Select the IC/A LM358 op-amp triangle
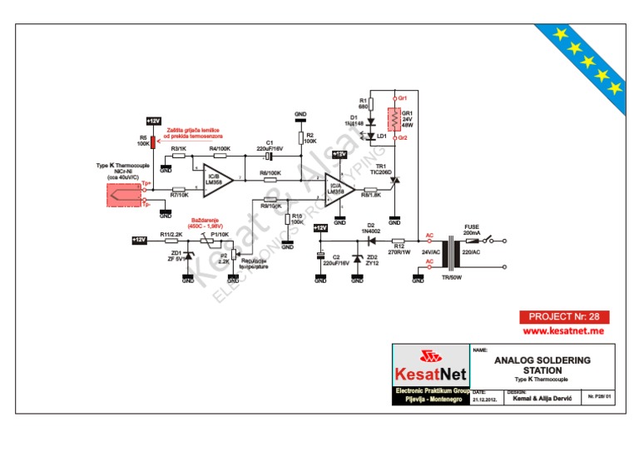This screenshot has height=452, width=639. coord(336,191)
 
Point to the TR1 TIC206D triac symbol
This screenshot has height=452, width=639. coord(395,178)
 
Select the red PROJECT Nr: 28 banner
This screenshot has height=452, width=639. coord(564,317)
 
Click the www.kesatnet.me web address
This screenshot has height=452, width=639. coord(563,331)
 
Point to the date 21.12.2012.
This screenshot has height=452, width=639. coord(484,399)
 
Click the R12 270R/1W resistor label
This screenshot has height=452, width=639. coord(399,249)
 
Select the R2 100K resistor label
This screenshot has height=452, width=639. coord(310,137)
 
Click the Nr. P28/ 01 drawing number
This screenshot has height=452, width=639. coord(599,397)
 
